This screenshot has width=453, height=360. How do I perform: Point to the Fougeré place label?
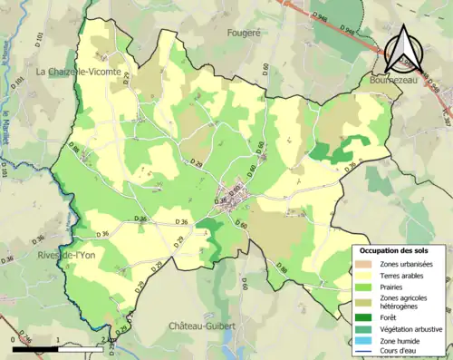[x=243, y=32]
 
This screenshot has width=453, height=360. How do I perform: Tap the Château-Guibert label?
[x=201, y=324]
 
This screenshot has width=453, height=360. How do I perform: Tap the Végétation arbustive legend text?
[x=410, y=329]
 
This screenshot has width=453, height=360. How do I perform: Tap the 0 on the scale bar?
[x=13, y=339]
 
